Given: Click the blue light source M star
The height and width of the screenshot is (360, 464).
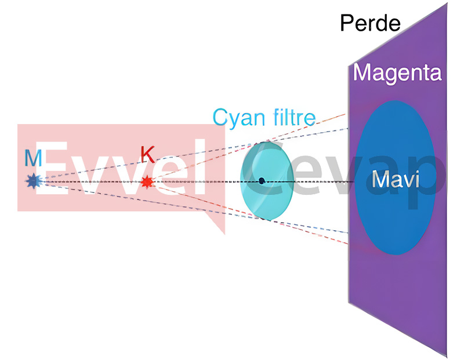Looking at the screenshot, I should (x=33, y=181).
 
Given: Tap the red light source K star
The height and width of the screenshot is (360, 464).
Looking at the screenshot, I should (x=147, y=182).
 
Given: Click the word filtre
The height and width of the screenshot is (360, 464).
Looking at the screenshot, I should (x=291, y=117).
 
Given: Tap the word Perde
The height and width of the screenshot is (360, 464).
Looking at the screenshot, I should (x=370, y=23).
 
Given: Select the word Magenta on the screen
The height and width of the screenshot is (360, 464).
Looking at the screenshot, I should (x=397, y=73).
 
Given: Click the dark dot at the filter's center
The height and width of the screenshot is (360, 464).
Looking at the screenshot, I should (x=262, y=181).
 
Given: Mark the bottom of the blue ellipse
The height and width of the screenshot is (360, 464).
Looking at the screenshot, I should (x=395, y=254).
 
